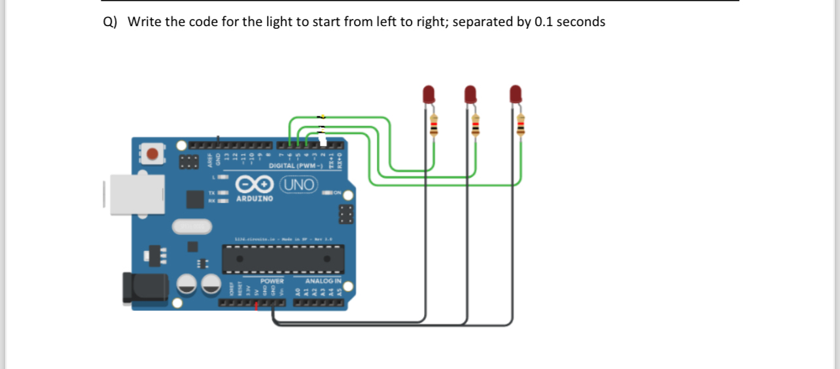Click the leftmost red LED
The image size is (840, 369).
tap(429, 95)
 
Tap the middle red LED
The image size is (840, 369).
tap(470, 95)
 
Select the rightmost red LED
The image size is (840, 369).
tap(516, 95)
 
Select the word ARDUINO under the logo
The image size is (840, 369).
tap(254, 198)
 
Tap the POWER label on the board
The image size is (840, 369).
tap(271, 281)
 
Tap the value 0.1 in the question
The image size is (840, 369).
tap(543, 22)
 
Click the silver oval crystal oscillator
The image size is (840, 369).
tap(192, 227)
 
